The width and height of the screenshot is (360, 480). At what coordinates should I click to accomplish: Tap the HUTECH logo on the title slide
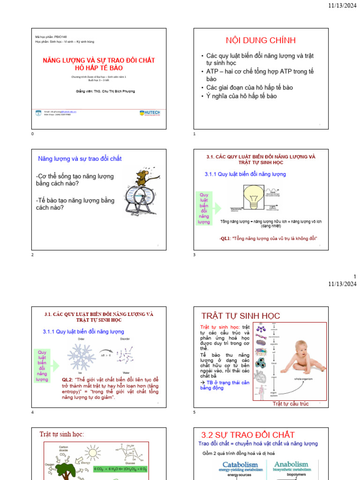click(150, 113)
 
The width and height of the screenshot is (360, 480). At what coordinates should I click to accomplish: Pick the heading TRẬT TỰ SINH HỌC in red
click(240, 315)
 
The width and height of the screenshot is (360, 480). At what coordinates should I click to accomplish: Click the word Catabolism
click(240, 465)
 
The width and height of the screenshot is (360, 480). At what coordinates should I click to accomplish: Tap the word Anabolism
click(292, 464)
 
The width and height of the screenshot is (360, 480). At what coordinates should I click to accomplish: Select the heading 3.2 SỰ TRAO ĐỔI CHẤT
click(248, 435)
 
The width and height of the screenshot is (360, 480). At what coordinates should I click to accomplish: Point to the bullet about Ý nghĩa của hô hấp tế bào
click(241, 96)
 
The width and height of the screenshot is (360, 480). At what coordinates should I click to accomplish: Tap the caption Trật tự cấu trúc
click(291, 404)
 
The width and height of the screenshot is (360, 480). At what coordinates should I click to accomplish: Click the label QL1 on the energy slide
click(225, 238)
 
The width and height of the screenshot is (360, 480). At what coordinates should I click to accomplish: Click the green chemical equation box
click(120, 469)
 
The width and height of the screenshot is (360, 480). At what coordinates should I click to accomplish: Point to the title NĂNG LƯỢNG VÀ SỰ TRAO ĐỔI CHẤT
click(99, 60)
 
